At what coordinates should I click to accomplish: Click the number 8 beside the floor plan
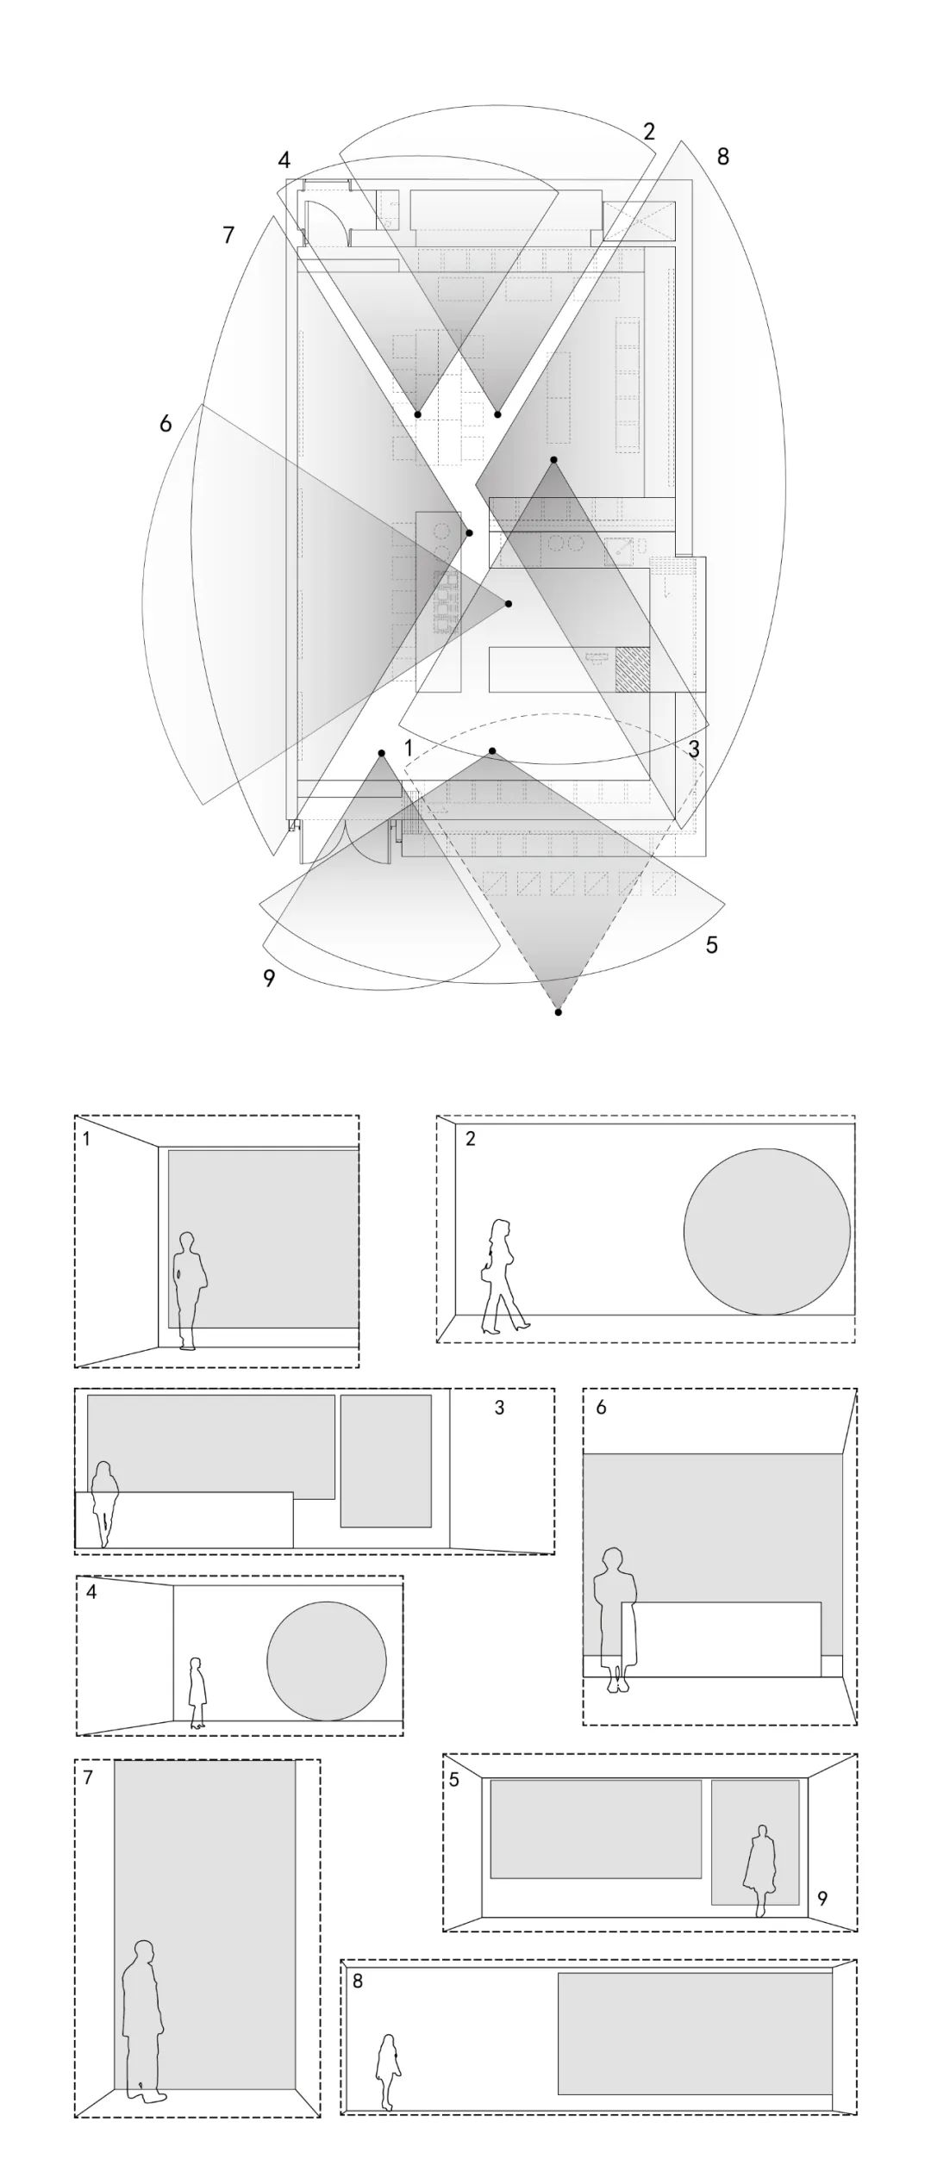click(722, 157)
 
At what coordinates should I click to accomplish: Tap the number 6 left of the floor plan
click(166, 424)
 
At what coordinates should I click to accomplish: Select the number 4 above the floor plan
click(284, 160)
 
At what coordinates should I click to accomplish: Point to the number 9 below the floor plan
click(269, 979)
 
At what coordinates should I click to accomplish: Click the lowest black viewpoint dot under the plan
click(559, 1012)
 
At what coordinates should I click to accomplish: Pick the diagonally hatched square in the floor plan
click(633, 669)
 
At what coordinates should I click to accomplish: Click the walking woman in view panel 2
click(503, 1277)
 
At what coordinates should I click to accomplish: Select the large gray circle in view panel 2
click(767, 1232)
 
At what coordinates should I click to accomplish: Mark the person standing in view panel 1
click(189, 1290)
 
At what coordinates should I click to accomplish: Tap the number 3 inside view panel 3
click(499, 1408)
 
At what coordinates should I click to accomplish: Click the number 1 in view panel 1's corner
click(86, 1139)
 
